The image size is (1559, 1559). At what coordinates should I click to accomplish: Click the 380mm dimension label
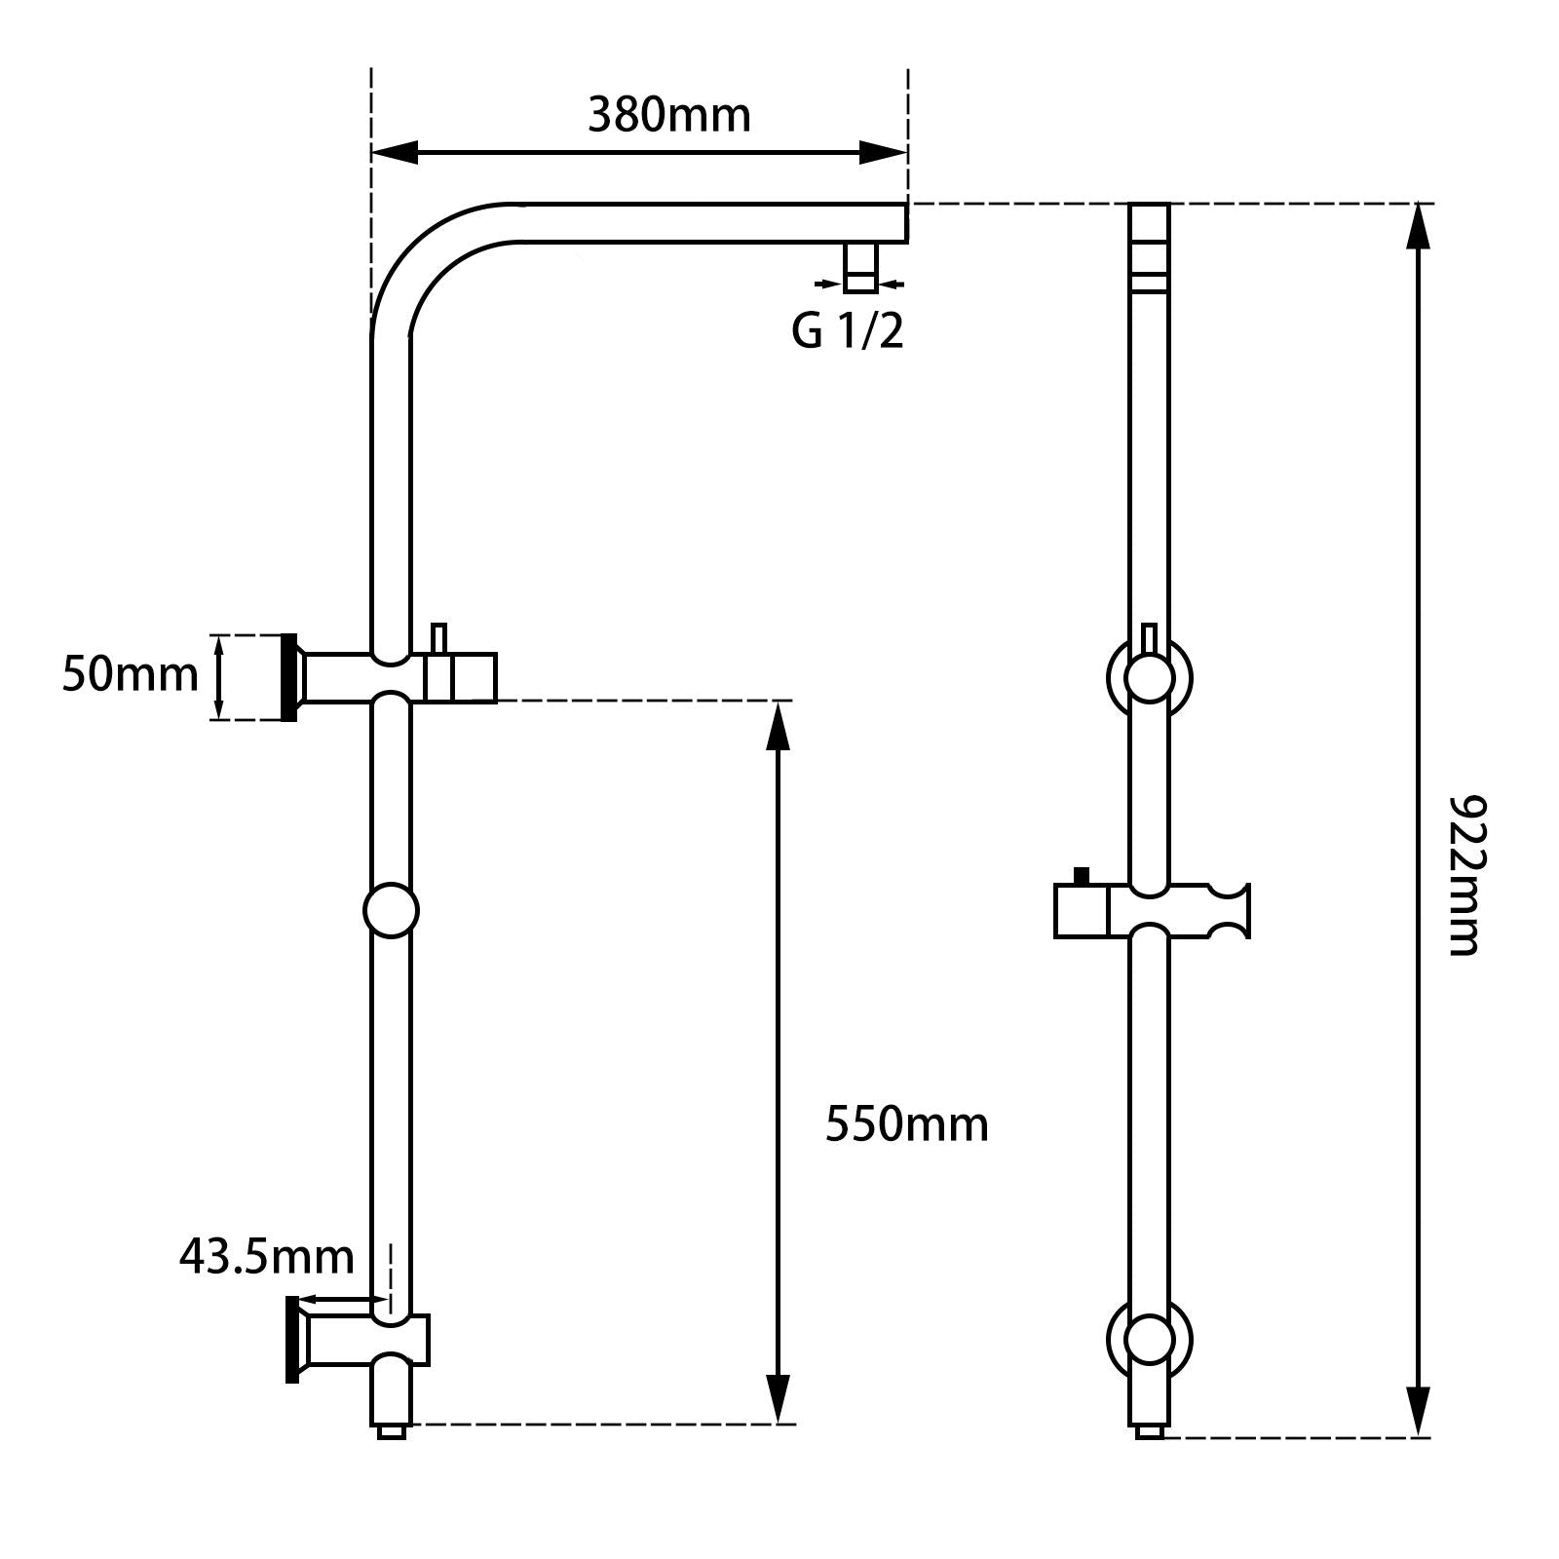[x=669, y=116]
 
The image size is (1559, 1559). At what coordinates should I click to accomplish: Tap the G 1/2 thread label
[x=847, y=331]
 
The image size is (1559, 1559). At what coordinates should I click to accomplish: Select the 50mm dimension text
[x=130, y=674]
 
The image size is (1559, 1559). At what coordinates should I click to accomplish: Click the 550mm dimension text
[x=906, y=1124]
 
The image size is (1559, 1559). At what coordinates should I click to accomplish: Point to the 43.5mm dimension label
[x=266, y=1257]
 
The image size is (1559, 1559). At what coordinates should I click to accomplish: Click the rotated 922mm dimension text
[x=1464, y=875]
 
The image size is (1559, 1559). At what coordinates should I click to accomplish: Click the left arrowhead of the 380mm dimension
[x=396, y=152]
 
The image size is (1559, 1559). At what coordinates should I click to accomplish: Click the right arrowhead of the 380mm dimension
[x=883, y=152]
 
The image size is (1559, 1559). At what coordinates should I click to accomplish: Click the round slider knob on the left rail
[x=391, y=910]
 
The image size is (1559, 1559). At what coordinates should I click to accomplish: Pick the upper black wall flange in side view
[x=288, y=677]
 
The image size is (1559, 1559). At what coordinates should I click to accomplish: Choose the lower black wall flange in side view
[x=292, y=1340]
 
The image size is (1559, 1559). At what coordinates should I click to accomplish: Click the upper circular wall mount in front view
[x=1150, y=677]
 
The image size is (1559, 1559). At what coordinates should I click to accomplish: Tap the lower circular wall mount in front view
[x=1150, y=1342]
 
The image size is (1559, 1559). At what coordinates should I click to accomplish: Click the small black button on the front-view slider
[x=1081, y=875]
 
